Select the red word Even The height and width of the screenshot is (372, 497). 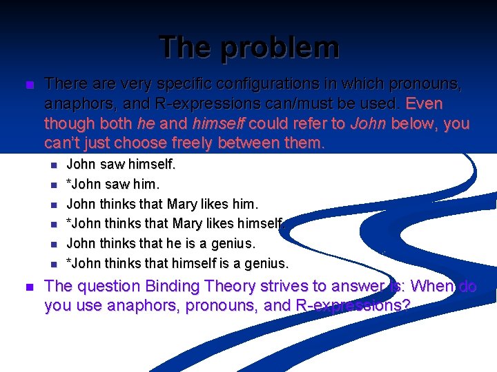pyautogui.click(x=425, y=105)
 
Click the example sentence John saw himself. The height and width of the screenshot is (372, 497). pyautogui.click(x=121, y=165)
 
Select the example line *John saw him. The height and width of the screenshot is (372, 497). pyautogui.click(x=113, y=185)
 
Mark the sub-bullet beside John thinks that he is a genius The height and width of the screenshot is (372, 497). pyautogui.click(x=52, y=244)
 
